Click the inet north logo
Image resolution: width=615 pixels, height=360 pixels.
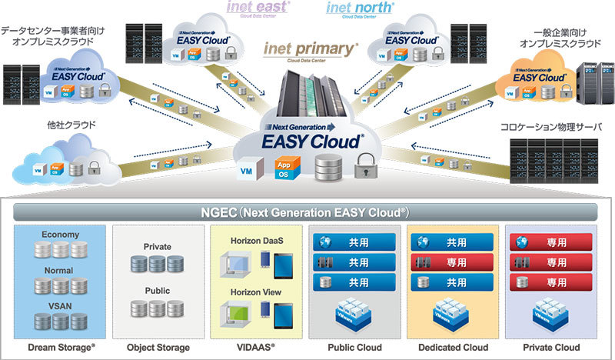click(x=360, y=8)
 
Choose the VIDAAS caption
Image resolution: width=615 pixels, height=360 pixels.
click(x=251, y=345)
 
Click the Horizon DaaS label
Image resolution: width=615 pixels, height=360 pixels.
click(x=252, y=241)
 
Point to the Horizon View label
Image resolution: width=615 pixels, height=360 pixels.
click(x=252, y=292)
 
